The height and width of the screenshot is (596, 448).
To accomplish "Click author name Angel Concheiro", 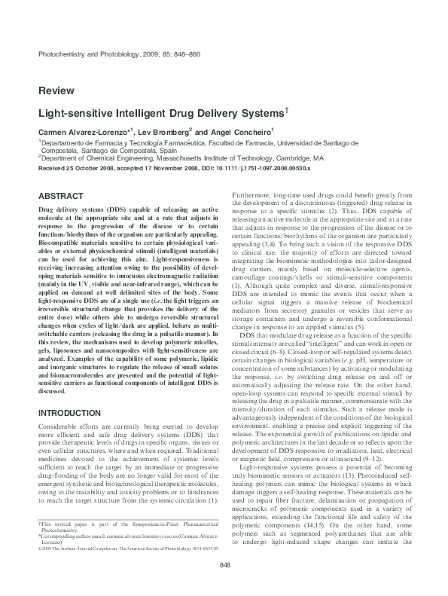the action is click(239, 131).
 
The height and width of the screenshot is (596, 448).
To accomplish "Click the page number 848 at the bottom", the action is click(224, 566).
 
